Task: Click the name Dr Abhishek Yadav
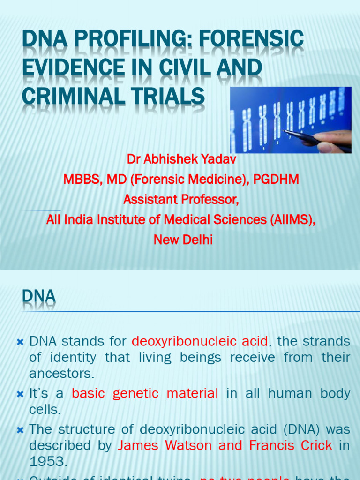coord(181,159)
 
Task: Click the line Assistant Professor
coord(181,200)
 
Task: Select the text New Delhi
coord(183,240)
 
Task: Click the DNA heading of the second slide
coord(39,296)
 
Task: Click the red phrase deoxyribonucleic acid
coord(200,341)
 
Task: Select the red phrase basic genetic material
coord(145,393)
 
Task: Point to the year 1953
coord(48,461)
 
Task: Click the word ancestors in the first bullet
coord(62,374)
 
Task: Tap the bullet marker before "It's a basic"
coord(20,394)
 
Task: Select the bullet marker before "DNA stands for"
coord(20,342)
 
